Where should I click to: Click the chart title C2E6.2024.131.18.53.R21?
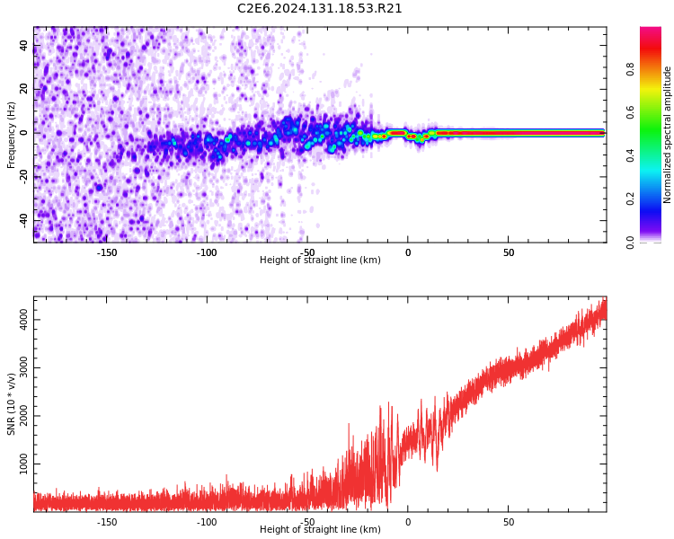click(320, 9)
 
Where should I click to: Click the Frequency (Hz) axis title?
click(12, 135)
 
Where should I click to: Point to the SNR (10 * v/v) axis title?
click(12, 404)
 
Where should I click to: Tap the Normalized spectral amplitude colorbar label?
click(668, 135)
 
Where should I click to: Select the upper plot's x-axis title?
click(320, 261)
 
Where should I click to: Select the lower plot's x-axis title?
click(320, 530)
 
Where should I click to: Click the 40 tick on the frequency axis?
click(24, 45)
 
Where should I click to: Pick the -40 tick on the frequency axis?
click(24, 220)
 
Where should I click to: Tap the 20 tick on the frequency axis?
click(24, 89)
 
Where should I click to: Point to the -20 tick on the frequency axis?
click(24, 176)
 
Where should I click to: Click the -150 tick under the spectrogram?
click(107, 252)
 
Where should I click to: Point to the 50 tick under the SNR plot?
click(508, 522)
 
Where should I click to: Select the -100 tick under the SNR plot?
click(207, 522)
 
